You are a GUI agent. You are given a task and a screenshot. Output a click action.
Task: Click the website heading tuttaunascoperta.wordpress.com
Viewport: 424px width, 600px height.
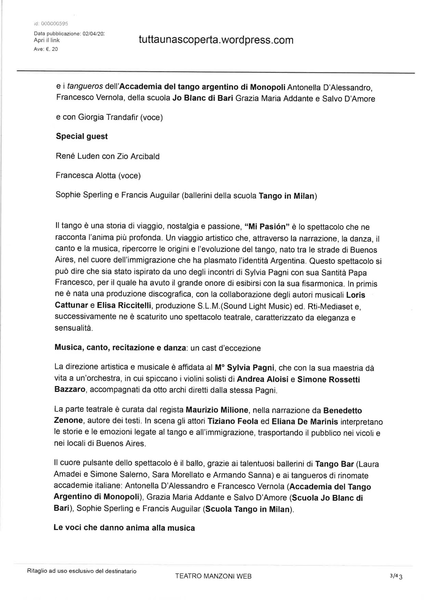pos(216,40)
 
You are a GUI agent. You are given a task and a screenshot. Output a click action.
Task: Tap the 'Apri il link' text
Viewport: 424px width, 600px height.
pos(47,40)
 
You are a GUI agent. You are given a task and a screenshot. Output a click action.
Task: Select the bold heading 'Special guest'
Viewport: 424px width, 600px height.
pos(82,136)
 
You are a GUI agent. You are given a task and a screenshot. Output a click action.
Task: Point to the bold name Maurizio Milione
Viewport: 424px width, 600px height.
pos(217,410)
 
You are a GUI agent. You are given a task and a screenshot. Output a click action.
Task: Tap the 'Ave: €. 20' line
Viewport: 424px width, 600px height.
pos(46,49)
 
